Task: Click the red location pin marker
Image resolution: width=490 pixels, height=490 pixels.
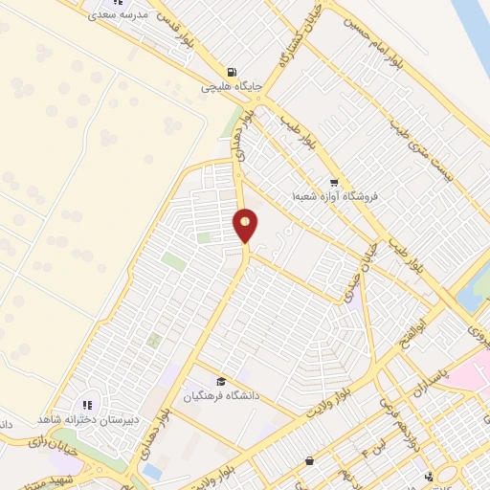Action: click(x=246, y=225)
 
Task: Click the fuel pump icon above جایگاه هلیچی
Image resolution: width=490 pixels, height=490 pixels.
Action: click(x=232, y=72)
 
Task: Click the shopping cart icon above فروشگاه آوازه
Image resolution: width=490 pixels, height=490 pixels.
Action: click(x=332, y=183)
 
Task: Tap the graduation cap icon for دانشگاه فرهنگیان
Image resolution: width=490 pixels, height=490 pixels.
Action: click(x=222, y=381)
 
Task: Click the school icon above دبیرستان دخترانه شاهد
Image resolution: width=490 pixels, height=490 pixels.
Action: click(x=88, y=406)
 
